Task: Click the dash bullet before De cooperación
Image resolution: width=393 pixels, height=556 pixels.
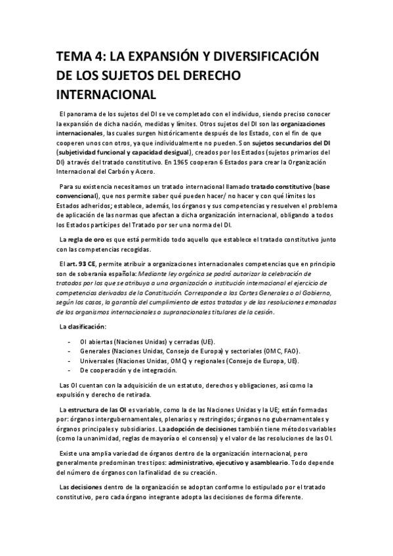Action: pos(70,370)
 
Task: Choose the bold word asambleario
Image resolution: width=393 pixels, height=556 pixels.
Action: pos(289,462)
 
